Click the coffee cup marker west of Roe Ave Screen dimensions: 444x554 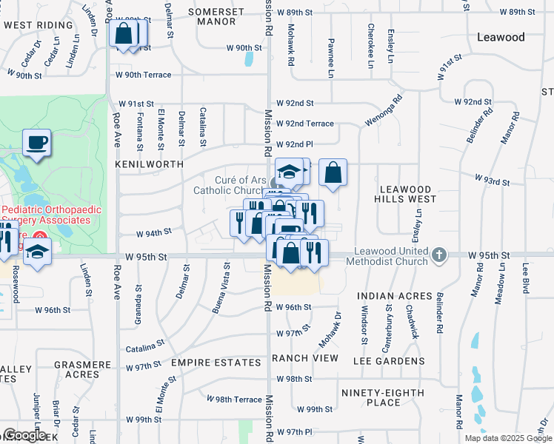(36, 143)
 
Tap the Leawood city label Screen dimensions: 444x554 (501, 37)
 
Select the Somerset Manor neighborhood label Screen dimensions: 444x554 (216, 17)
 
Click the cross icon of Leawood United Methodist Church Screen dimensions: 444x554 (439, 255)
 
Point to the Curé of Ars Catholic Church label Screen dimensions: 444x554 (230, 185)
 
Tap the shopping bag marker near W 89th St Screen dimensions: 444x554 (124, 33)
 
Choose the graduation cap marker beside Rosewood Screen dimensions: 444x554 (36, 253)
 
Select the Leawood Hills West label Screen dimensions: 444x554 (408, 189)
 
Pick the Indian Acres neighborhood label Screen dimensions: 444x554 (394, 296)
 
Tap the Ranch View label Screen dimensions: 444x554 (304, 358)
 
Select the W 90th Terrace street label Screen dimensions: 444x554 (143, 75)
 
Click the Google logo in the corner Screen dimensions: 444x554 (25, 435)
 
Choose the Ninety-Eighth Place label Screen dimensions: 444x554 (383, 397)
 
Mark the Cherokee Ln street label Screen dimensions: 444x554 (370, 46)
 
